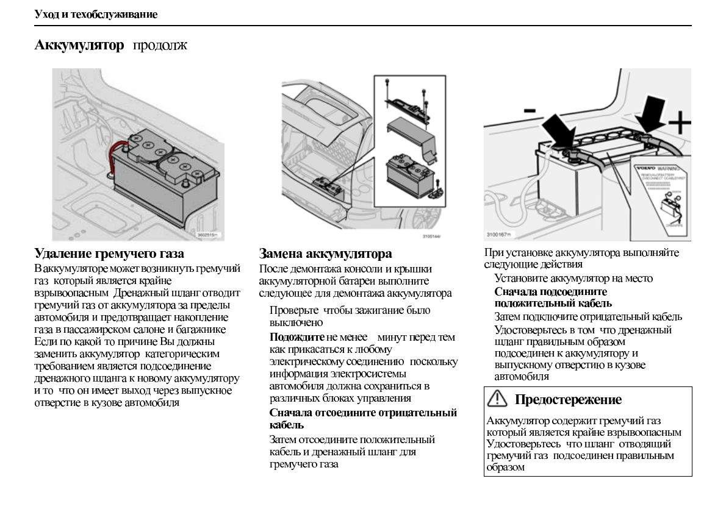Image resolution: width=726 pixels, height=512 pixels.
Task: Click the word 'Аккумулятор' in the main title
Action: [79, 46]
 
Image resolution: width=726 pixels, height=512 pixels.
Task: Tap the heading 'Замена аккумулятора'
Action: [325, 254]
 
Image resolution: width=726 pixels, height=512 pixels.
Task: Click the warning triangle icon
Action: [499, 400]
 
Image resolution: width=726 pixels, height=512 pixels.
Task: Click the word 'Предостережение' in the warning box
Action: [568, 400]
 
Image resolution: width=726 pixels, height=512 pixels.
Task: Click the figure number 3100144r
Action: [431, 235]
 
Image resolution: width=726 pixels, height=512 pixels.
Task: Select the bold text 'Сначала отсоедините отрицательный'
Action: [363, 413]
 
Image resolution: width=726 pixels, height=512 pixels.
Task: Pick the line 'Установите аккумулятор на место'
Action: [573, 279]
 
